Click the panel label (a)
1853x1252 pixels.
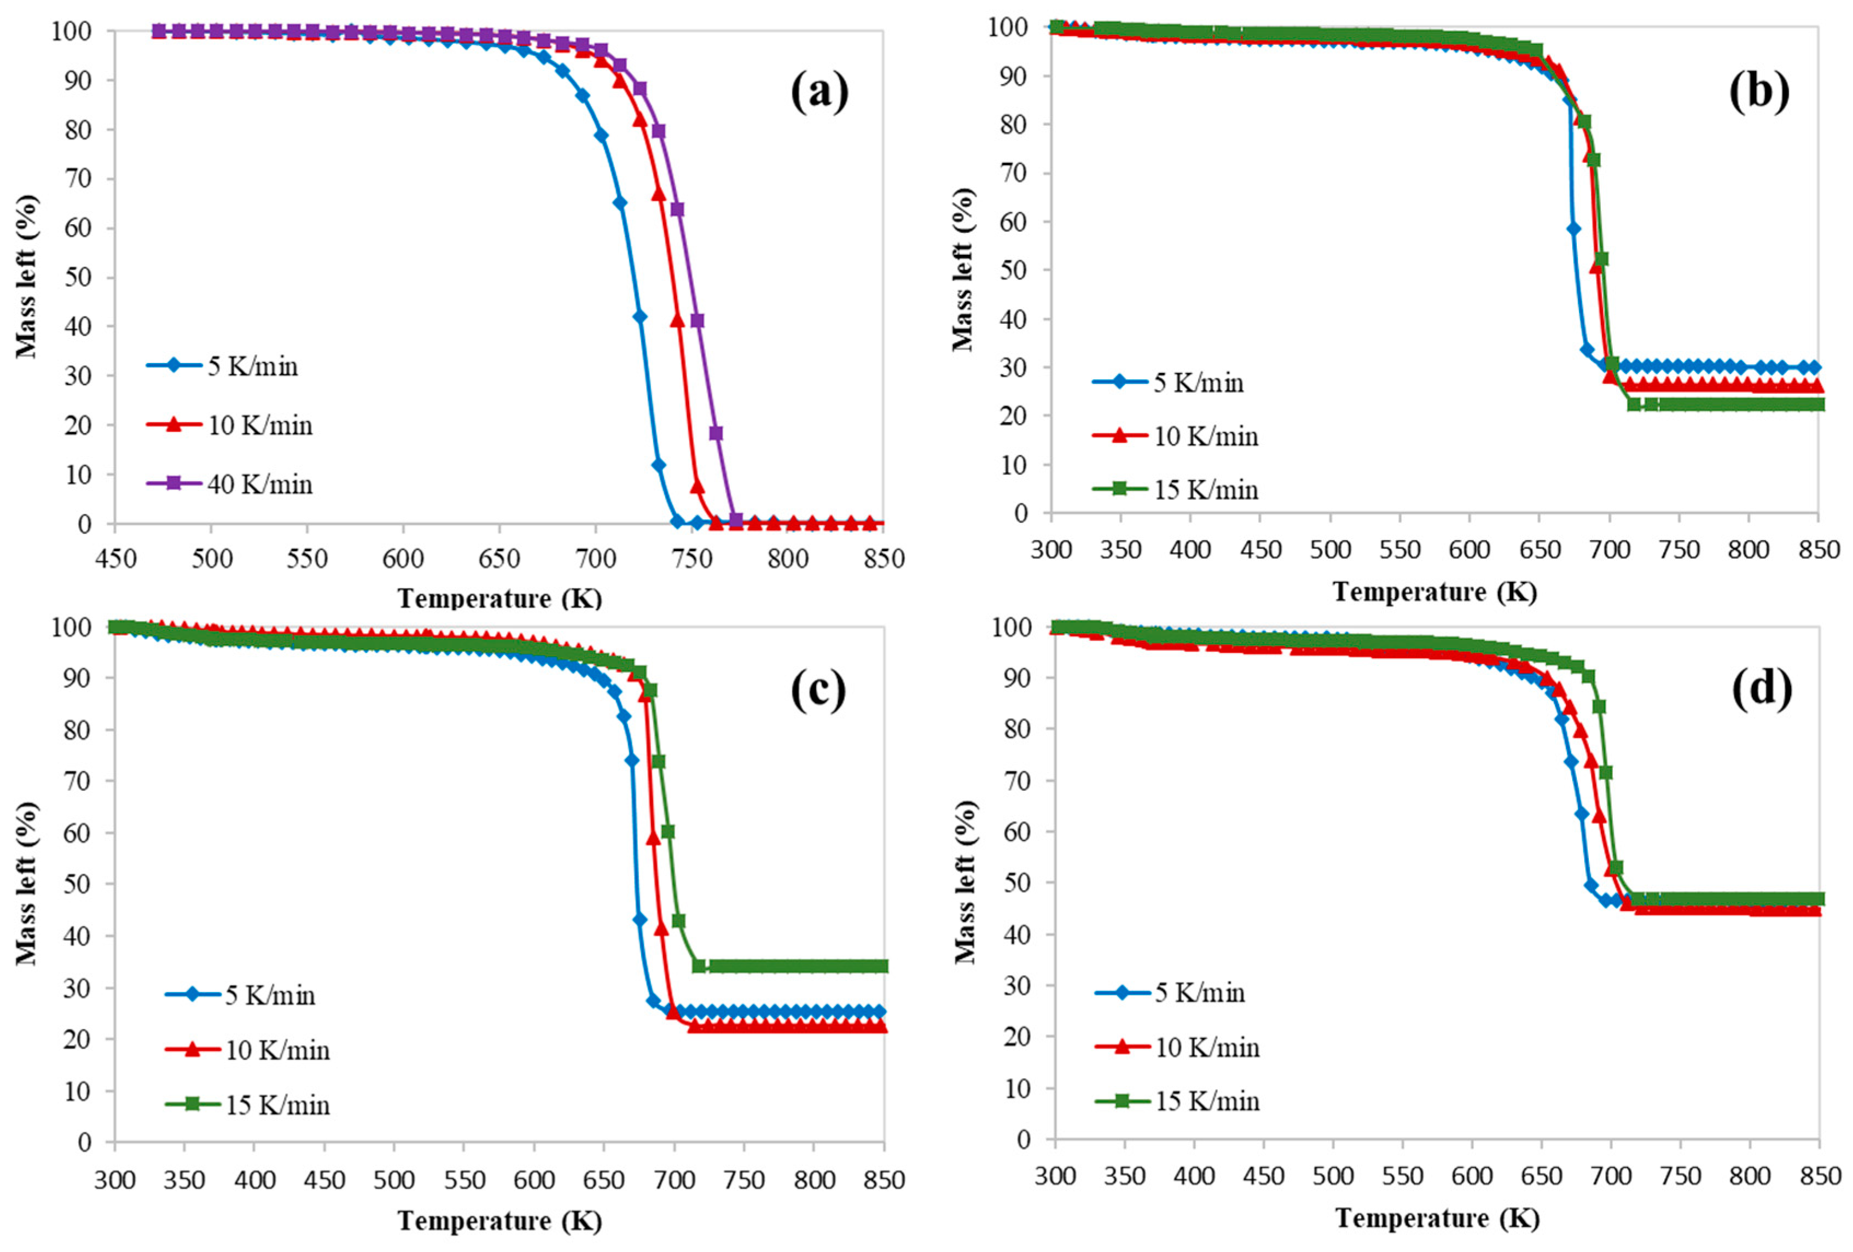[x=819, y=92]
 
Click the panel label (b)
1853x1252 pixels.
[x=1759, y=92]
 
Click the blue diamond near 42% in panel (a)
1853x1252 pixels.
[x=640, y=317]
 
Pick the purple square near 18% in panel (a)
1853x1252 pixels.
[x=716, y=433]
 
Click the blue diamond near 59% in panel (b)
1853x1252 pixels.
[x=1573, y=228]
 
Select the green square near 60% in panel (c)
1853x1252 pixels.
[x=667, y=831]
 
